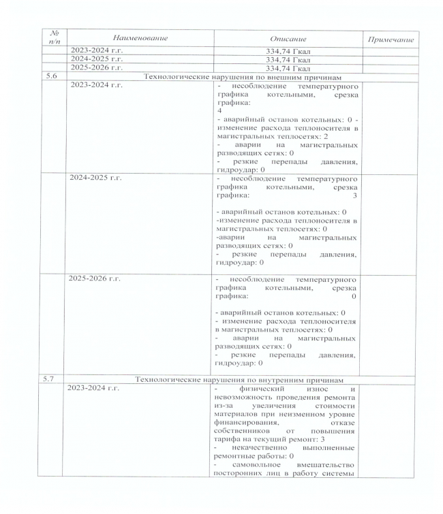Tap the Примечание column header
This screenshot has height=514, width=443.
391,40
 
